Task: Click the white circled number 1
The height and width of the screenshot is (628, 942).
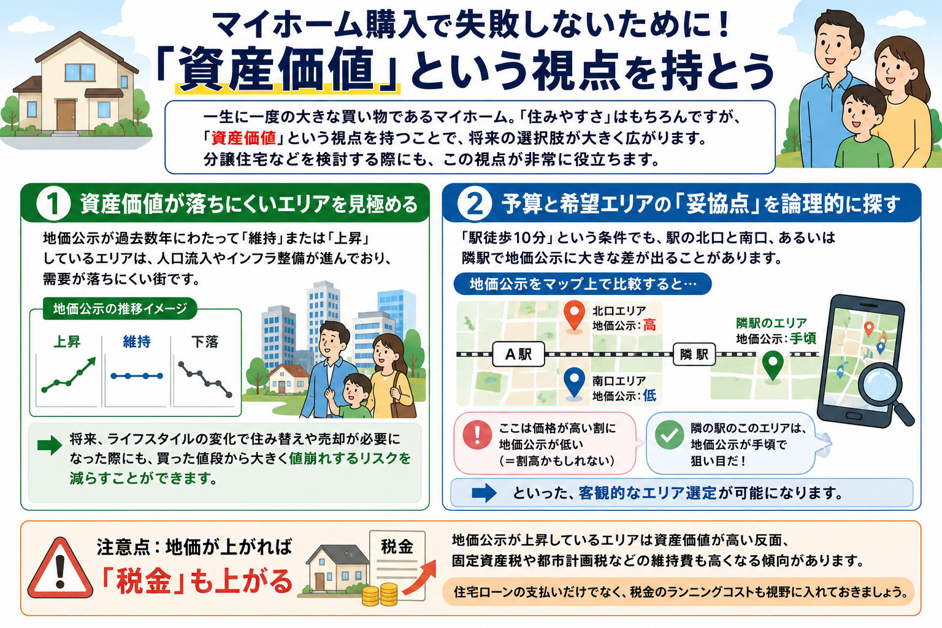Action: [x=53, y=204]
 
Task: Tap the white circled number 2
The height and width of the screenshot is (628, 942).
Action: [x=474, y=204]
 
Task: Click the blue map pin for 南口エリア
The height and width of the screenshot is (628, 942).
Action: [x=574, y=383]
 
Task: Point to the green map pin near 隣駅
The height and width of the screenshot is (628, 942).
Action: [x=773, y=366]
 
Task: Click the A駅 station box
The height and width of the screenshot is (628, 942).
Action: [x=518, y=354]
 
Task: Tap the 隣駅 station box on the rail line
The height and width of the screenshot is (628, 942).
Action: [x=694, y=354]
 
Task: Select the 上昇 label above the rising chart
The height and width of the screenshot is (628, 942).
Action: [x=66, y=342]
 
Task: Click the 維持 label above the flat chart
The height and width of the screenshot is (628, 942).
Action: [x=137, y=342]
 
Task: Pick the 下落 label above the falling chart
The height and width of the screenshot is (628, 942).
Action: [x=205, y=342]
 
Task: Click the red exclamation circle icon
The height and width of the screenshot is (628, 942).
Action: [x=477, y=435]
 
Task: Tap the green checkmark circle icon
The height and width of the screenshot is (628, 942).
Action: [x=669, y=435]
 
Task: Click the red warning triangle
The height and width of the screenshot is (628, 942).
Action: [x=60, y=569]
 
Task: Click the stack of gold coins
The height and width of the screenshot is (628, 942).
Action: [x=380, y=594]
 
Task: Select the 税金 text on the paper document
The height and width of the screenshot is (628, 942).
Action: [x=397, y=547]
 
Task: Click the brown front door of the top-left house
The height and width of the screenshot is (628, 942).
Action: [x=66, y=115]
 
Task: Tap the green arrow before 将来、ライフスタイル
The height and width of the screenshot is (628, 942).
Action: [x=50, y=445]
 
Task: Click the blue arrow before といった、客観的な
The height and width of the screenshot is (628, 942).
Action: [x=484, y=493]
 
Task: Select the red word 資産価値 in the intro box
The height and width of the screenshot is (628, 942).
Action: [x=243, y=138]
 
